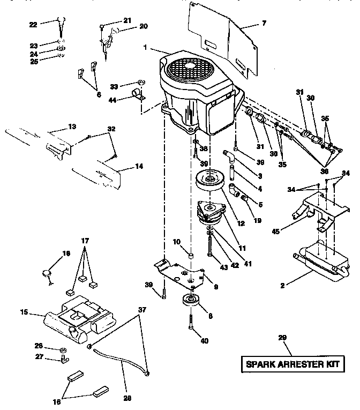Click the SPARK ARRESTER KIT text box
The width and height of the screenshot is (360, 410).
coord(292,364)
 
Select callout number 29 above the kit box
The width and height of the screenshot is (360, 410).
coord(283,337)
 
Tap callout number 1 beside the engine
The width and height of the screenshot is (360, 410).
coord(145,48)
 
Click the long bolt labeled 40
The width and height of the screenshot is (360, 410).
coord(190,325)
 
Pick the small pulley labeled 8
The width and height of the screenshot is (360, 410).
coord(191,301)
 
